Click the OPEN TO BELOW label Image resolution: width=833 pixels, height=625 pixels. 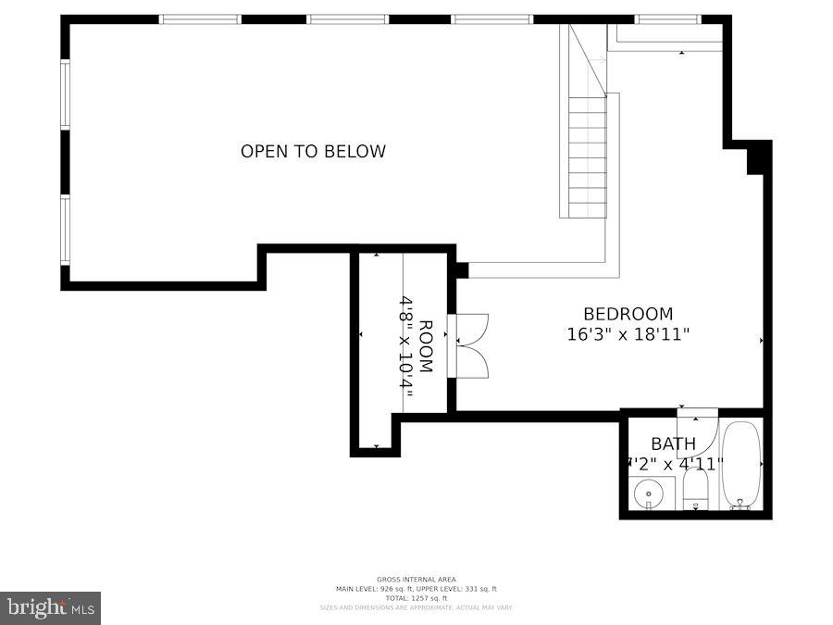[x=313, y=152]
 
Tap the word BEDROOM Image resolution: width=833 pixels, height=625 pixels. [x=628, y=314]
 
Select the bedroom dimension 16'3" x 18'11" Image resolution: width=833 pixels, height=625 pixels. [x=628, y=334]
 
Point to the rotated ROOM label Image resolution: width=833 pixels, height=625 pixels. [x=426, y=346]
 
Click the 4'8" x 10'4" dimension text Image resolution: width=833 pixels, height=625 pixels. [x=405, y=346]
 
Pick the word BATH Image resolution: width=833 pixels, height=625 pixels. [x=673, y=444]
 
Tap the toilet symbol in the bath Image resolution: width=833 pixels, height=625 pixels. [x=696, y=491]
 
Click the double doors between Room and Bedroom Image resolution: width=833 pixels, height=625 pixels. [x=470, y=346]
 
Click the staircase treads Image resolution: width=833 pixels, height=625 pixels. [x=588, y=157]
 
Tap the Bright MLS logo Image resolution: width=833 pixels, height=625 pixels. [x=51, y=607]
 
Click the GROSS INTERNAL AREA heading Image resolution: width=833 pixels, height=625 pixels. [x=416, y=580]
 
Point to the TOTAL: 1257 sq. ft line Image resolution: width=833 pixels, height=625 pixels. [x=416, y=598]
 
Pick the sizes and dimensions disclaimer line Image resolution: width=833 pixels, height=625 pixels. [x=416, y=607]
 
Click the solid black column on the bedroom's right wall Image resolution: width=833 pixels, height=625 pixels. [x=758, y=158]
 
